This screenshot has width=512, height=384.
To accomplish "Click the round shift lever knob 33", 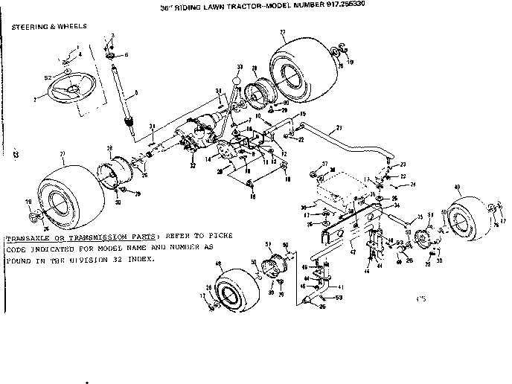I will pos(237,77).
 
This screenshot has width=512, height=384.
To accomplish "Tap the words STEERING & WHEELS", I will pos(48,26).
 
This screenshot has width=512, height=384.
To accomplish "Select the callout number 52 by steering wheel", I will pos(48,77).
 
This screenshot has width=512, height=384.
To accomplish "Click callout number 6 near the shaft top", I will pos(126,55).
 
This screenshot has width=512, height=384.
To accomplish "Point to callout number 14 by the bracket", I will pos(208,159).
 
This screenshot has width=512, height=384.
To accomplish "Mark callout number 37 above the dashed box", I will pos(324,164).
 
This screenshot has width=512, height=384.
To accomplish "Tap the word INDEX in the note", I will pos(143,259).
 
